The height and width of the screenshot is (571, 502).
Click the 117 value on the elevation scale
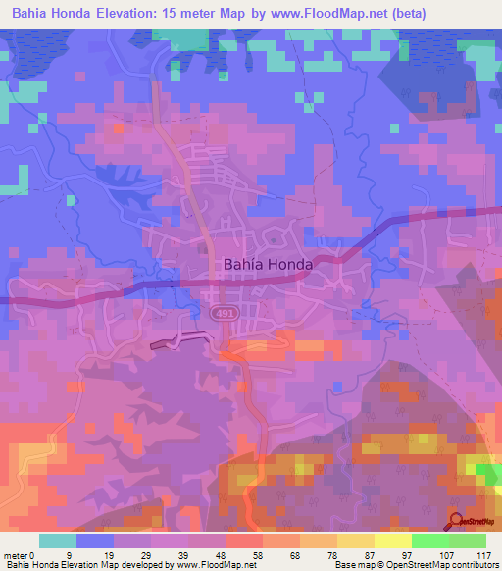click(483, 555)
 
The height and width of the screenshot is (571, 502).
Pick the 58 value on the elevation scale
click(257, 555)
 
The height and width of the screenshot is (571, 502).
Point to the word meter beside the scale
click(19, 555)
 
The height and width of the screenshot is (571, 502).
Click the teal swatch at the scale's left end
click(58, 541)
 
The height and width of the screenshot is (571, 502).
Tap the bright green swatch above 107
click(429, 541)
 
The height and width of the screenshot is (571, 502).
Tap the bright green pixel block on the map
click(486, 473)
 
